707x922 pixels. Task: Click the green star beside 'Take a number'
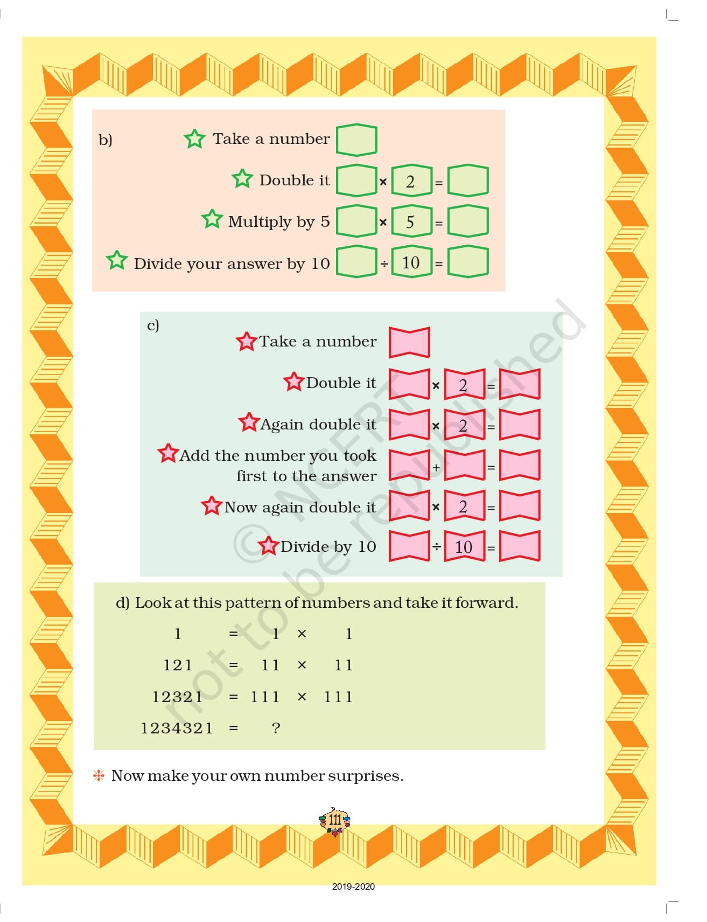(x=194, y=138)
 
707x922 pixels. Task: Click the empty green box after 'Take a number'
(x=356, y=140)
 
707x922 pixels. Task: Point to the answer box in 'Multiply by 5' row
(x=468, y=221)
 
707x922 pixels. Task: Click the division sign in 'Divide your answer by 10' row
(x=384, y=264)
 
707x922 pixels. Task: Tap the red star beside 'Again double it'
(x=249, y=422)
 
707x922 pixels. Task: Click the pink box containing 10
(x=465, y=546)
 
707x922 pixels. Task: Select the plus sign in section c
(x=436, y=467)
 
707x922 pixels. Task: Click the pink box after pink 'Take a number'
(x=409, y=342)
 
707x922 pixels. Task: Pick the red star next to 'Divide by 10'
(x=268, y=546)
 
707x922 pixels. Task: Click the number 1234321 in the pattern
(x=177, y=728)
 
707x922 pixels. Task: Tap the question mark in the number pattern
(x=276, y=728)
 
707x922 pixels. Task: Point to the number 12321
(x=177, y=697)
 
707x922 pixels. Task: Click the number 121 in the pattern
(x=178, y=665)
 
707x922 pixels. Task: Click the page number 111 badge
(x=334, y=821)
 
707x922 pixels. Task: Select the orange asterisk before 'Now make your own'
(x=99, y=776)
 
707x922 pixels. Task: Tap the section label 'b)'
(x=106, y=140)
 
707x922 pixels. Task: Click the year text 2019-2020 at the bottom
(x=353, y=886)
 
